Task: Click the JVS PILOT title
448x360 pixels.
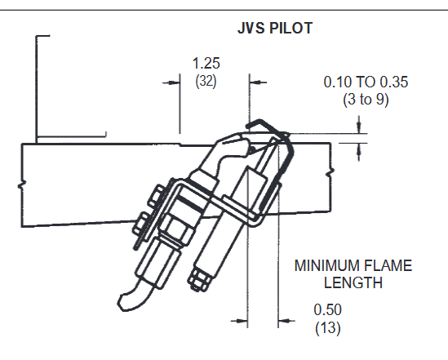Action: (275, 28)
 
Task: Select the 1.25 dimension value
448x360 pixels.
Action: (206, 63)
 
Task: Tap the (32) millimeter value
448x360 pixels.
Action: (206, 81)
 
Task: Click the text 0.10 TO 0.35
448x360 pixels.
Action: (366, 82)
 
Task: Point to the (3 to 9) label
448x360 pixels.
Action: (366, 100)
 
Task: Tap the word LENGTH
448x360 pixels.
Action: (353, 282)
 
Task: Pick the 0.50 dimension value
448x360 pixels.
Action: (327, 309)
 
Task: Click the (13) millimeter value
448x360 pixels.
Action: (328, 327)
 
